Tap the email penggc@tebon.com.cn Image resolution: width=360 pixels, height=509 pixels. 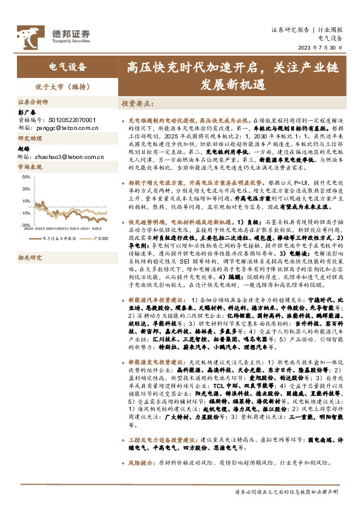pos(69,128)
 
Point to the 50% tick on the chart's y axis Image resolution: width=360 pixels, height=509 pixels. pos(27,177)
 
